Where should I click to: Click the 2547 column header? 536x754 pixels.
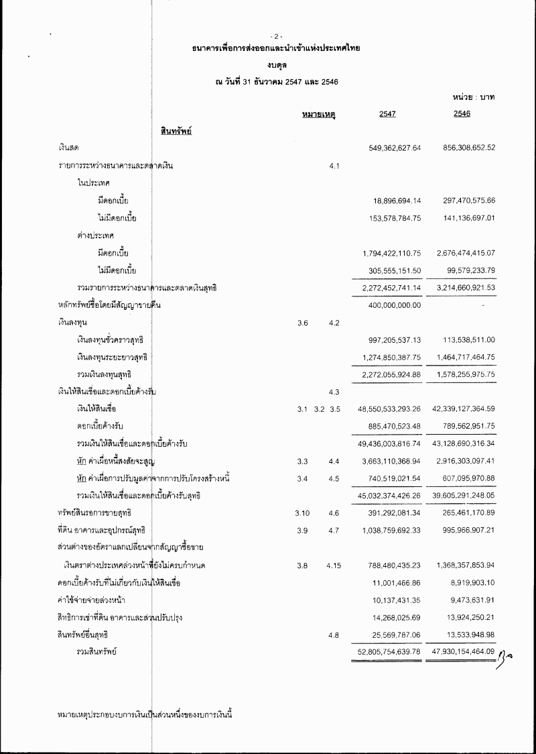click(387, 114)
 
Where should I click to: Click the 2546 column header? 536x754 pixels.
click(462, 114)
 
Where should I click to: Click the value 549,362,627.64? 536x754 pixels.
click(395, 148)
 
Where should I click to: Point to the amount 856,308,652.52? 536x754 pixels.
click(469, 148)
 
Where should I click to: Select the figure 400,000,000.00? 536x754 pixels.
click(395, 306)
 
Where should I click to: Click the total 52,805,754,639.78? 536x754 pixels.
click(390, 651)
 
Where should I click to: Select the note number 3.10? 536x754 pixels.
click(301, 513)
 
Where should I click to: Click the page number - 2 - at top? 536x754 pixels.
click(276, 36)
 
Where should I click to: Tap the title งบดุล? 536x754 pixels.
click(276, 65)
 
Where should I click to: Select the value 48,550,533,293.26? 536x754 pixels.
click(390, 409)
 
